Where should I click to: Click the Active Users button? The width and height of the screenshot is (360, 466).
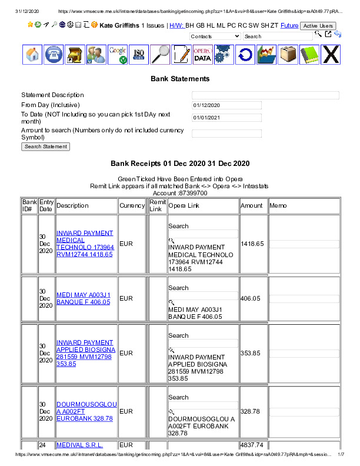tap(318, 26)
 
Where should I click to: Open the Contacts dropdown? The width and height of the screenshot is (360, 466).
tap(215, 36)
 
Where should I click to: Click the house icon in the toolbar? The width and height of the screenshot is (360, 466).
tap(33, 55)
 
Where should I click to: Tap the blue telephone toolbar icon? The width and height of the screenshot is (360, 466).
tap(54, 55)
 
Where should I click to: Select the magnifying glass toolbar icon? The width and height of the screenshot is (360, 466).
tap(160, 55)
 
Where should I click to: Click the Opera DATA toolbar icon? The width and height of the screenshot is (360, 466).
tap(202, 55)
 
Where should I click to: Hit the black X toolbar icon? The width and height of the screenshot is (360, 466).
tap(331, 55)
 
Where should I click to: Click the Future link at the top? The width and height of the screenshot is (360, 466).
tap(289, 26)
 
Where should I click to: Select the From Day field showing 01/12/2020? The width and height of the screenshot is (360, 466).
tap(226, 105)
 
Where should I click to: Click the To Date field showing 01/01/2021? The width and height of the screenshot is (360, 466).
tap(226, 118)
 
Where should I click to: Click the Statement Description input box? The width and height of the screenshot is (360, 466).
tap(265, 95)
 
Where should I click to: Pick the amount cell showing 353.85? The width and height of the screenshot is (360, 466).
tap(250, 353)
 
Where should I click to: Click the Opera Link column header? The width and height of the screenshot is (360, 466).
tap(184, 206)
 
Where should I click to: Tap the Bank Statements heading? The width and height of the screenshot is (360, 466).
tap(180, 78)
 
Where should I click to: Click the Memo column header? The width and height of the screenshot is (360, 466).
tap(278, 206)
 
